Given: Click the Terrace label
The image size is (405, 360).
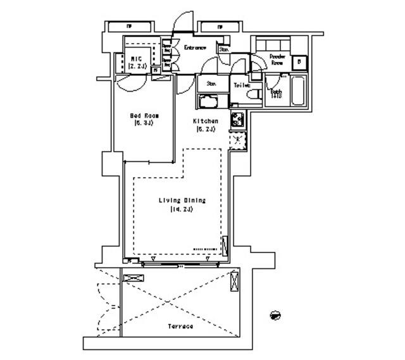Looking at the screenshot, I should pos(180,326).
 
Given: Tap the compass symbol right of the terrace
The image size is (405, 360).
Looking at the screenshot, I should pos(274,314).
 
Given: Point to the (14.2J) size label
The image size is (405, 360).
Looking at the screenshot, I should pos(181,209).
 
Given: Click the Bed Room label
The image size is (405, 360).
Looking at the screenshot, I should pos(144,116).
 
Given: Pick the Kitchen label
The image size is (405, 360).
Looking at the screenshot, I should pos(206,121).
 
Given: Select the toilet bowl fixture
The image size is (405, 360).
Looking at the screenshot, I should pos(253,95).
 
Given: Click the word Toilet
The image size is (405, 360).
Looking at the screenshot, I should pos(242,85).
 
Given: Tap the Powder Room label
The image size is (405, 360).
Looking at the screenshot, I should pos(278,60).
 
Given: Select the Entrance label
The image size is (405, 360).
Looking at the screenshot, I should pos(196,47).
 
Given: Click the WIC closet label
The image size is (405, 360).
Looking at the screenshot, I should pos(138,61).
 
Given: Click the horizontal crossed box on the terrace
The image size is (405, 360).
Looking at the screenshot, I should pos(134,278).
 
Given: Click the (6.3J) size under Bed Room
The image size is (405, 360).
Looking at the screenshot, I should pos(144,124).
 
